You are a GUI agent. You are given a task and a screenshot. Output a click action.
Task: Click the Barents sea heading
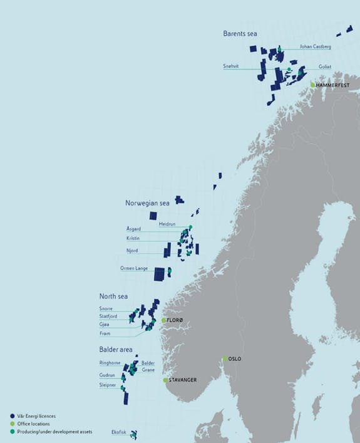[x=242, y=33]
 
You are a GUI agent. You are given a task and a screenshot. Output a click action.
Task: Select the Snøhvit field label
[x=231, y=66]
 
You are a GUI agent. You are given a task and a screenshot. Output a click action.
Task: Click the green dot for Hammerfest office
[x=312, y=84]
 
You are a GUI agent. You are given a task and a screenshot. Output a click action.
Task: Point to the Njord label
[x=133, y=251]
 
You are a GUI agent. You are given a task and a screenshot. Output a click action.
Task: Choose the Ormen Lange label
[x=134, y=268]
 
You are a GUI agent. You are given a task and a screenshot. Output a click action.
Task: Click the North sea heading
[x=115, y=296]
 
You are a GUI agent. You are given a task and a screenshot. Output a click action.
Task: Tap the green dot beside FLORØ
[x=164, y=320]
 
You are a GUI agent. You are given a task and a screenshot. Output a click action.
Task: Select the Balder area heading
[x=116, y=349]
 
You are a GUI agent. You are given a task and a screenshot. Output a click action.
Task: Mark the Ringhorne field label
[x=110, y=363]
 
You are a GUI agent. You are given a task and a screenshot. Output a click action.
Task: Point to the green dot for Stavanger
[x=166, y=380]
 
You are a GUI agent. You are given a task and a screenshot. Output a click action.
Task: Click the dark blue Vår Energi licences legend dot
[x=13, y=415]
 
